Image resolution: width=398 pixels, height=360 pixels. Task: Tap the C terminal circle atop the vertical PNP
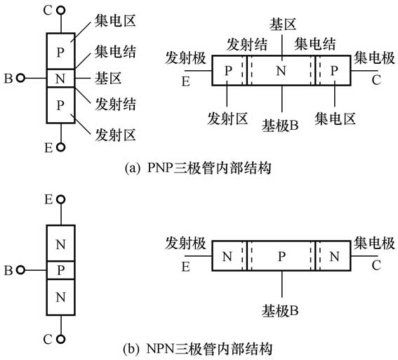pos(61,12)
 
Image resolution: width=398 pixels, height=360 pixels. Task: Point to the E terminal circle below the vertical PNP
pos(61,147)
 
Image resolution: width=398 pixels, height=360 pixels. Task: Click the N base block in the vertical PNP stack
pos(61,77)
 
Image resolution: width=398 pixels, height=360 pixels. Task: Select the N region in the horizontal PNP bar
pos(281,71)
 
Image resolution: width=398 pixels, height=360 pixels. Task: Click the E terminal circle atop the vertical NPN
pos(61,200)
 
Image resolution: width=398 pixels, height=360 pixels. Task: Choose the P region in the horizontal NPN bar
pos(281,258)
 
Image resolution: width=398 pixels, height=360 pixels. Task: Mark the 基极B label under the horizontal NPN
pos(281,309)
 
